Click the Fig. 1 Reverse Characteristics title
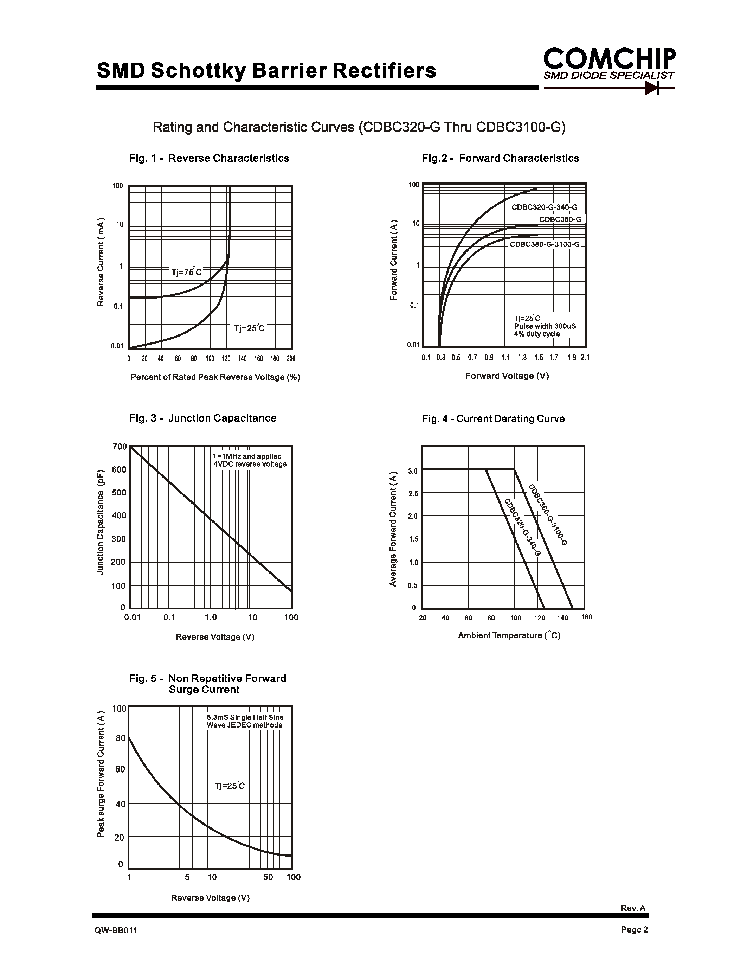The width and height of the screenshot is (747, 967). point(209,159)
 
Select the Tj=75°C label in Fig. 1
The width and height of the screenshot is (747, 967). point(186,272)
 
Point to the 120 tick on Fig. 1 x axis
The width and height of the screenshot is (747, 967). point(226,359)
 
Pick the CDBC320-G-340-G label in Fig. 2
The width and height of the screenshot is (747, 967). point(544,207)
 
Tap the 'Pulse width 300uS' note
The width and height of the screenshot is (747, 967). point(545,326)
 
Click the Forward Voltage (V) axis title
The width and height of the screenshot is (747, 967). point(507,376)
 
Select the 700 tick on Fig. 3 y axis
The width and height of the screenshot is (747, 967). point(120,446)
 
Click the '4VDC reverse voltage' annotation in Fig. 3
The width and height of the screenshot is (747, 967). point(250,464)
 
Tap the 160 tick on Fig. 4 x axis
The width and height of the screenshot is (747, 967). point(586,617)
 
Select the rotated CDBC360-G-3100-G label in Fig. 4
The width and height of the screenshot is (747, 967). point(548,515)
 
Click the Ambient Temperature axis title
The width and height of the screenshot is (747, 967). point(509,636)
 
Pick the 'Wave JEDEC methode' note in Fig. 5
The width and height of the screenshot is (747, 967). point(244,725)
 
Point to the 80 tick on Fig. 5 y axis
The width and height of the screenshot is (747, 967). point(120,738)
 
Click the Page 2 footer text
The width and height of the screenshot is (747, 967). point(634,930)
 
